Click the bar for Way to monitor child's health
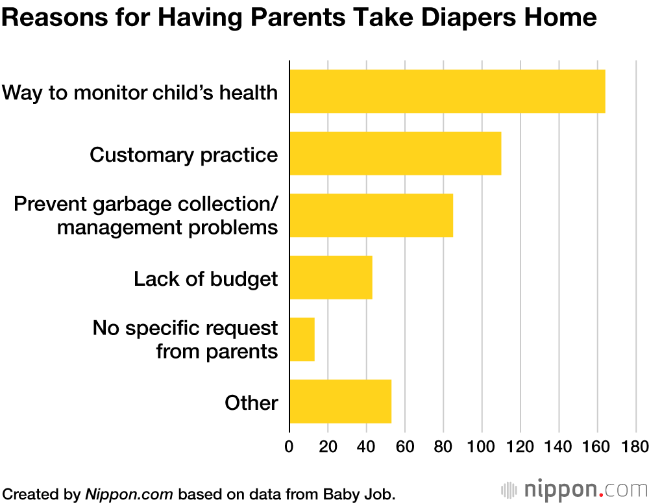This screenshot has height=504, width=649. [447, 92]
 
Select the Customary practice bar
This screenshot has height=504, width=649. [395, 154]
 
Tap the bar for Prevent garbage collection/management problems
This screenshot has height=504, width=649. [371, 216]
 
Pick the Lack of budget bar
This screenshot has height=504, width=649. [331, 277]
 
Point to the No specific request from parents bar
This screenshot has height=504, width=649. [302, 340]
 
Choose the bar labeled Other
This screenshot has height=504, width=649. [341, 401]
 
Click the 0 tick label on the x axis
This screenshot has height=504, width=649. [289, 446]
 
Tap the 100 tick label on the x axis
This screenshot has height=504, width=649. [481, 446]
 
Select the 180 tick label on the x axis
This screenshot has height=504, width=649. [635, 446]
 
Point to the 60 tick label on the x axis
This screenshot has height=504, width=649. [404, 446]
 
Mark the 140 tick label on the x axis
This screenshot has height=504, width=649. [558, 446]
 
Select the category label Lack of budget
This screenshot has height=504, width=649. [206, 279]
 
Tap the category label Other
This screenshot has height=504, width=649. [251, 403]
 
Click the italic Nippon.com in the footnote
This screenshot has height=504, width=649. [129, 494]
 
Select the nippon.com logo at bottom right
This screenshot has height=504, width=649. [574, 490]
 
